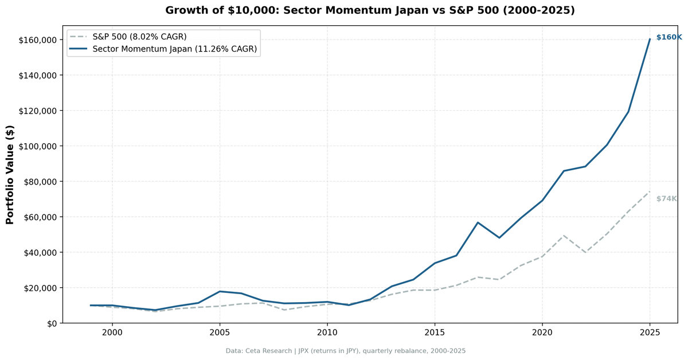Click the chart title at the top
(370, 10)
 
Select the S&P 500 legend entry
(139, 37)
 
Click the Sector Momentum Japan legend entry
(175, 50)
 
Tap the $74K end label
(666, 199)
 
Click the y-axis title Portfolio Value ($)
(10, 174)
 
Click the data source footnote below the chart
(345, 351)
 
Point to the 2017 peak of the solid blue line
(478, 222)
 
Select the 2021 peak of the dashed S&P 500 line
(564, 236)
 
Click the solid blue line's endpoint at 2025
(650, 39)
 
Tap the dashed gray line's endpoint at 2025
(650, 191)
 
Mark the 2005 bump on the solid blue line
(220, 291)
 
